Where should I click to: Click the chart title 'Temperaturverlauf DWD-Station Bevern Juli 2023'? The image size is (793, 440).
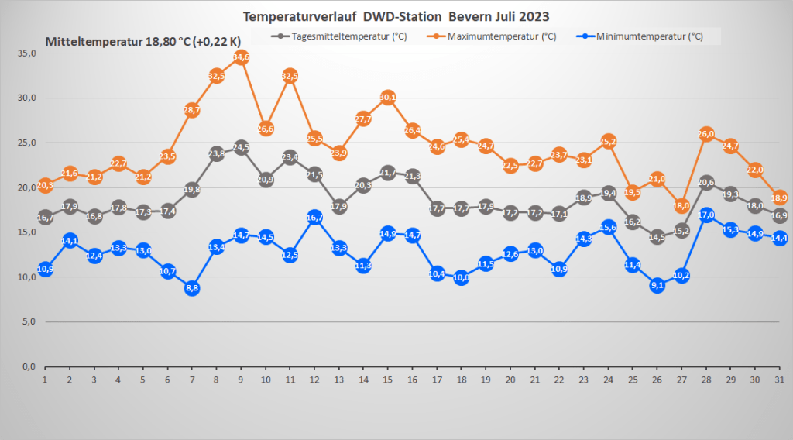(x=396, y=16)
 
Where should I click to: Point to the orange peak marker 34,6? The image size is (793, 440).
(x=241, y=57)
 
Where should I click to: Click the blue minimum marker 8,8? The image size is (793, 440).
(x=192, y=288)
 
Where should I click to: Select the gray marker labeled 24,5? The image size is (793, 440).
(x=241, y=147)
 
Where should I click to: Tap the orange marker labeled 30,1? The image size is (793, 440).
(x=388, y=97)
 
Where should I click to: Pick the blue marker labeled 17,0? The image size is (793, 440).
(x=706, y=215)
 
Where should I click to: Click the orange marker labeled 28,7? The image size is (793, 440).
(x=192, y=110)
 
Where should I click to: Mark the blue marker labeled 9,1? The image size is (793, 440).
(x=657, y=285)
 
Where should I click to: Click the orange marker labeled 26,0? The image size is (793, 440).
(x=706, y=134)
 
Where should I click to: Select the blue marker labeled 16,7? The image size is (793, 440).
(x=314, y=217)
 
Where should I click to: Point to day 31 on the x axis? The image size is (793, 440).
(x=779, y=380)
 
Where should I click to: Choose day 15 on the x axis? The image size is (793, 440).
(x=388, y=380)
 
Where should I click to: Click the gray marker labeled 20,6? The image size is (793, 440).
(x=706, y=182)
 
